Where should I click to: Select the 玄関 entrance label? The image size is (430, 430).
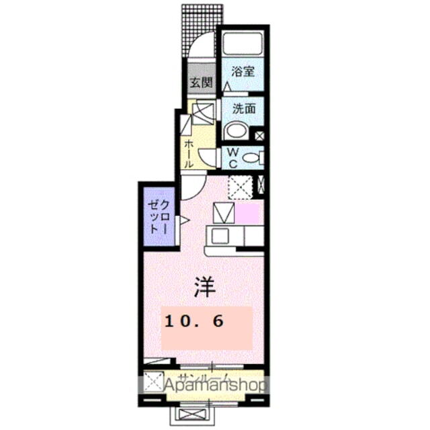(x=200, y=83)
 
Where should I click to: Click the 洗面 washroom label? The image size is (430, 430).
(x=243, y=107)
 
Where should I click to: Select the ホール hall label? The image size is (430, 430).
(x=189, y=154)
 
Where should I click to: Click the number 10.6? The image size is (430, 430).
(x=193, y=322)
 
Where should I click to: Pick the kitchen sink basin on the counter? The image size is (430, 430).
(x=218, y=236)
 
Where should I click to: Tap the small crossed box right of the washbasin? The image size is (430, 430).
(x=259, y=136)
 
